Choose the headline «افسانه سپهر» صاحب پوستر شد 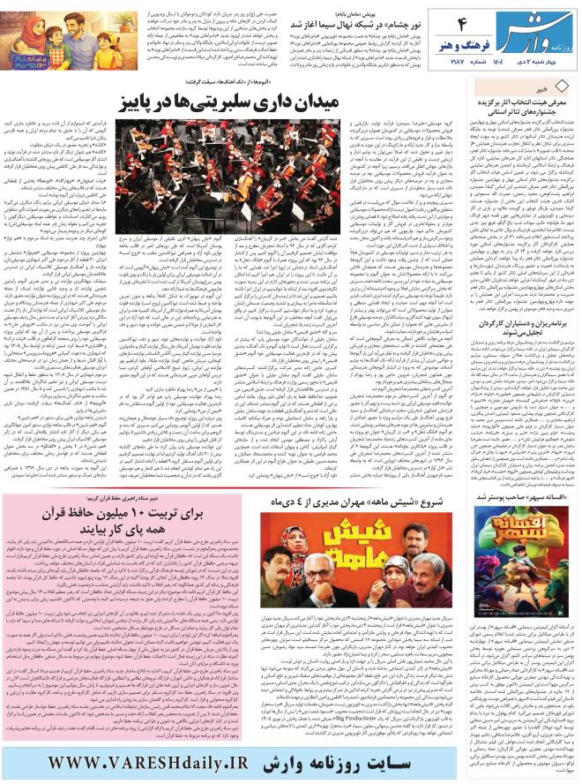(x=520, y=497)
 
